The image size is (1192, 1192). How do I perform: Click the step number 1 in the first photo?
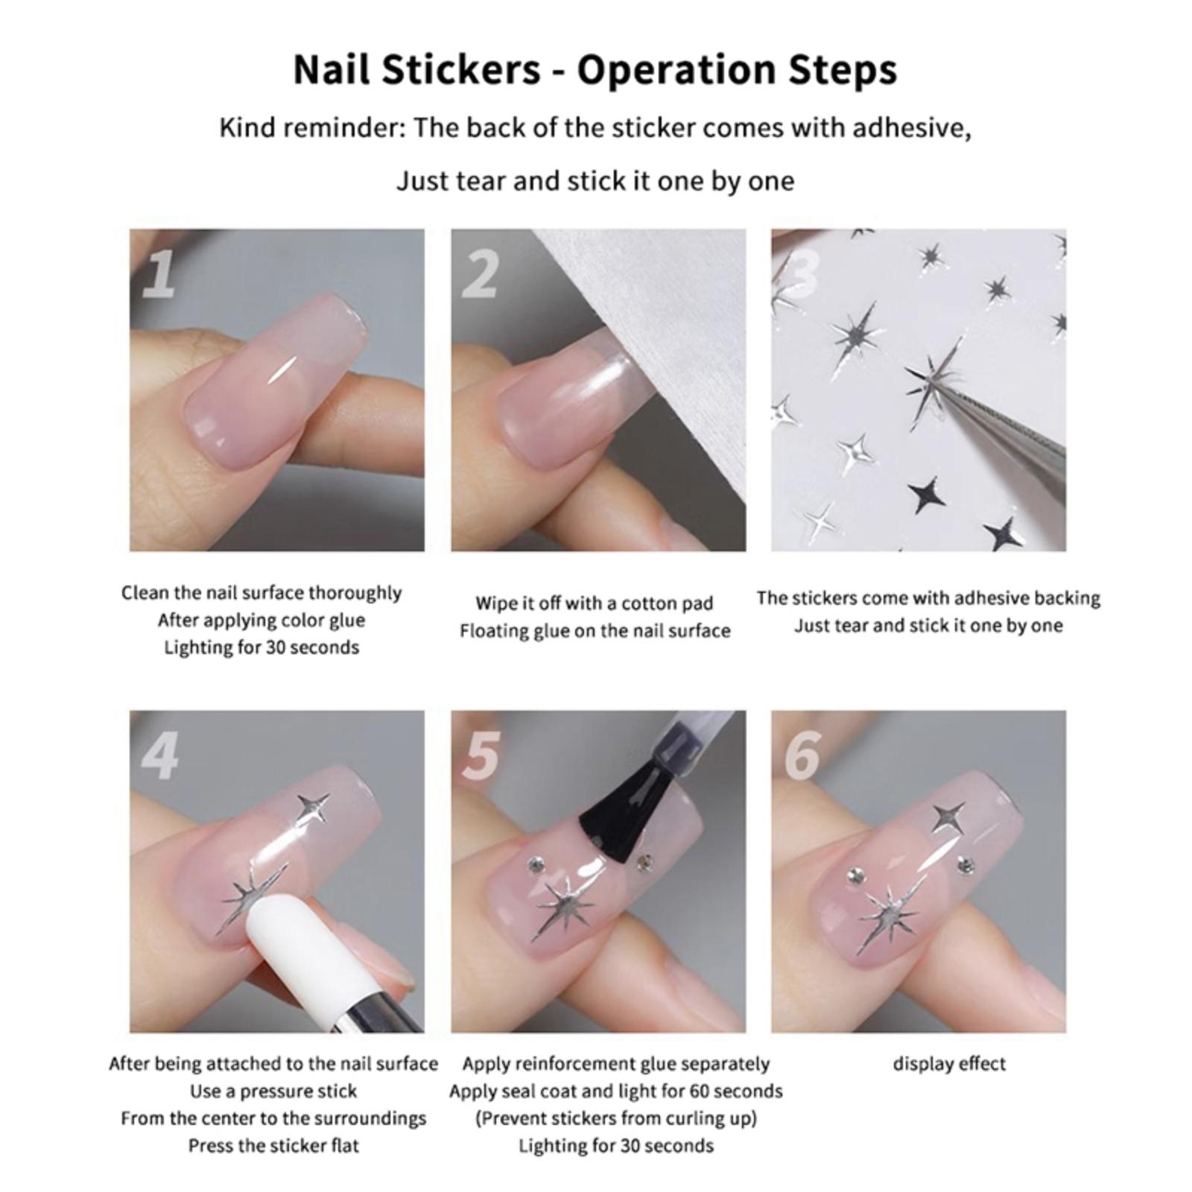tap(159, 274)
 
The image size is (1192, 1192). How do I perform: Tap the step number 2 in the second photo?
tap(480, 274)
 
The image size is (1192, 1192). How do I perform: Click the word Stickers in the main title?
tap(462, 69)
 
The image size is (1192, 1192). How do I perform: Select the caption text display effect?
tap(949, 1064)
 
